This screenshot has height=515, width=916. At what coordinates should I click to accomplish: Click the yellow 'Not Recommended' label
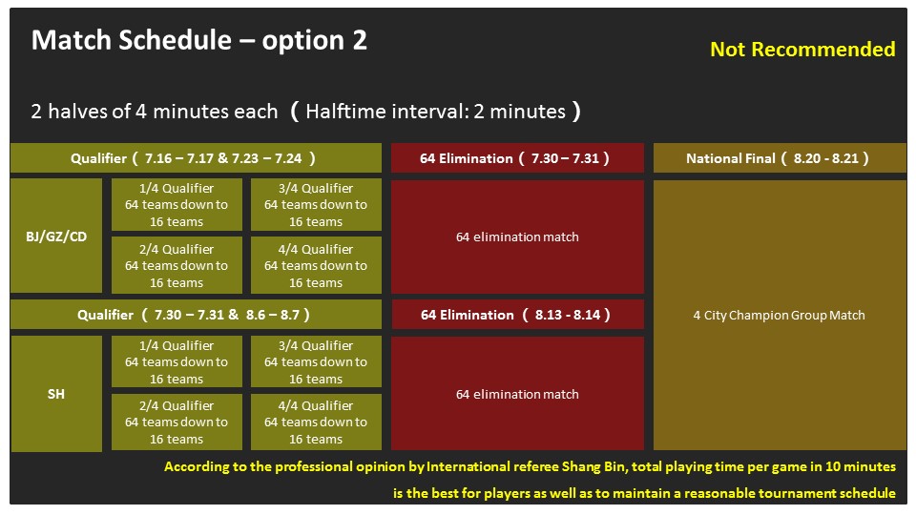click(802, 49)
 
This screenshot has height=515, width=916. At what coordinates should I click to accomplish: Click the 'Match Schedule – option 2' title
click(199, 40)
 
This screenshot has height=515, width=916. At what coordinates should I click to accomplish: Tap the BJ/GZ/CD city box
click(56, 236)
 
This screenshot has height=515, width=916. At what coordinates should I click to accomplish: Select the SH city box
click(56, 394)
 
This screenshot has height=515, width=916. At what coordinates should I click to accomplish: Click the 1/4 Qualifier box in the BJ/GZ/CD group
click(177, 204)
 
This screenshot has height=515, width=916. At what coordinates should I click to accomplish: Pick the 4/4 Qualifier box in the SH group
click(316, 422)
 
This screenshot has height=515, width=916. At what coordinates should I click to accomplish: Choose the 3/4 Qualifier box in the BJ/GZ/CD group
click(316, 204)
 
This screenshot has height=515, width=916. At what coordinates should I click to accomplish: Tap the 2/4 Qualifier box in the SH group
click(177, 422)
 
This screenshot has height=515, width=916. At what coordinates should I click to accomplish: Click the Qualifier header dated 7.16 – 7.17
click(196, 158)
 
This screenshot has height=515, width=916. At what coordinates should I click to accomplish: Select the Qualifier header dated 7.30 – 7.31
click(196, 315)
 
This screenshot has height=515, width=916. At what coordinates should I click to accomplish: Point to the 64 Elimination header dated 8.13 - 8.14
click(517, 315)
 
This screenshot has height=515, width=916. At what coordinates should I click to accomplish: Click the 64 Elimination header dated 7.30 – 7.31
click(517, 158)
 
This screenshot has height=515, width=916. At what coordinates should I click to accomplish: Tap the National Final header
click(780, 158)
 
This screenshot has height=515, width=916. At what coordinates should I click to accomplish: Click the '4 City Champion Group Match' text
click(779, 316)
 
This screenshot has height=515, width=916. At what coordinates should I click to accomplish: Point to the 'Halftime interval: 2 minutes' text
click(436, 112)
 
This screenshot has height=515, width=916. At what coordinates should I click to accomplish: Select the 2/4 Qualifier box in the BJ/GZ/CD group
click(177, 265)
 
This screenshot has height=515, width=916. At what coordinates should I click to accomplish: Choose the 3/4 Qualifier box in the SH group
click(316, 361)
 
